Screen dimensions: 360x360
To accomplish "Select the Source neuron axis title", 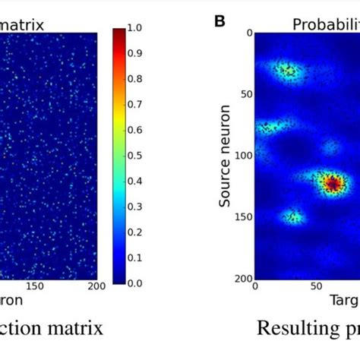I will [225, 155].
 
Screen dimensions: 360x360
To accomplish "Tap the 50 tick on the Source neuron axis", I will [245, 94].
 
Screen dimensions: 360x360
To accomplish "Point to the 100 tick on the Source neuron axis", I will [242, 156].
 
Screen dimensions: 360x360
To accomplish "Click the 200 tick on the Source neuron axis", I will [242, 278].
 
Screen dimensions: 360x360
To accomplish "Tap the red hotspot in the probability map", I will [331, 183].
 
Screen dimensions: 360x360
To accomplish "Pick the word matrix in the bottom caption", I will [68, 329].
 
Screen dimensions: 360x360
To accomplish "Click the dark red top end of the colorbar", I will [119, 34].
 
